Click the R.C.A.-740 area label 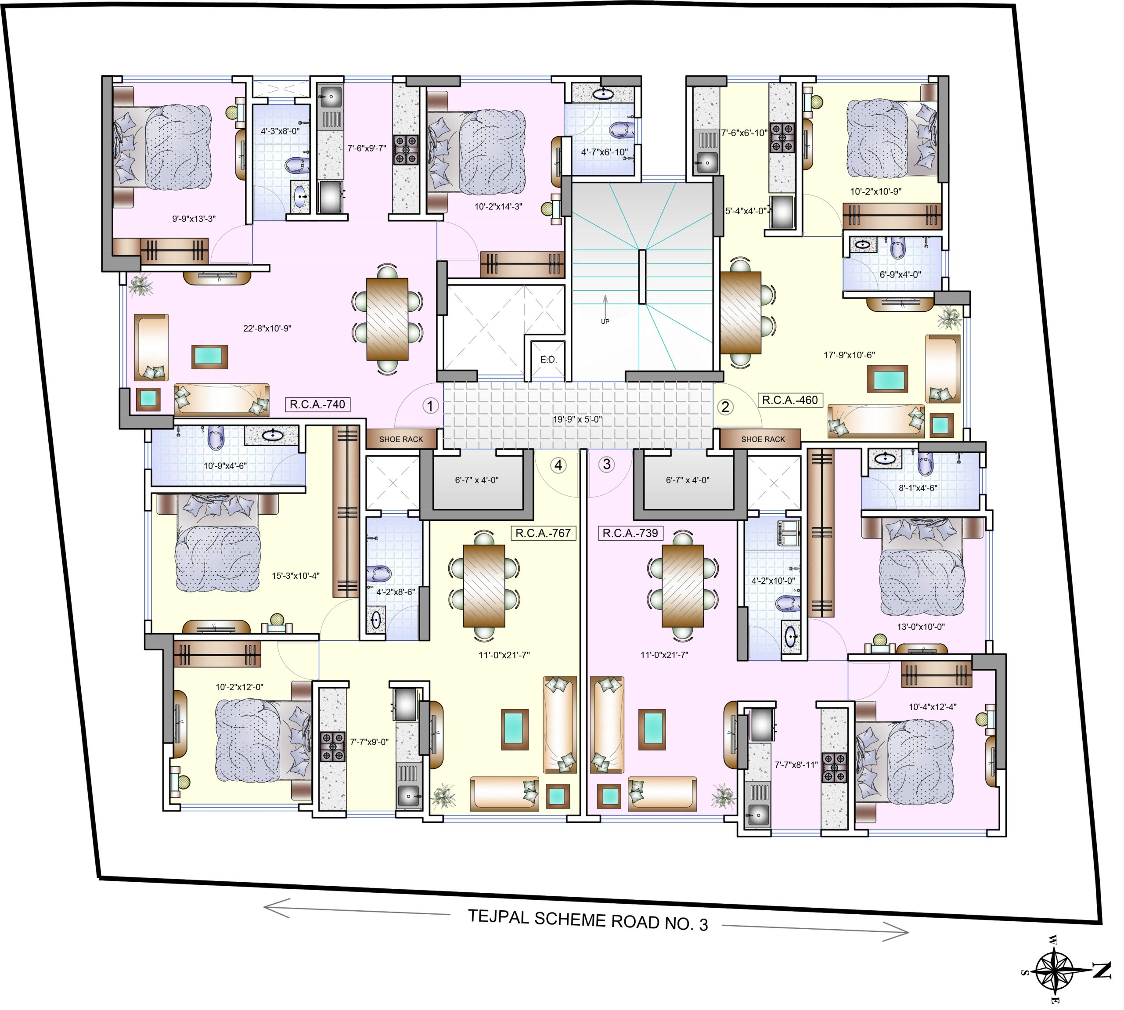(x=317, y=404)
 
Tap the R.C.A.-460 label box (x=789, y=400)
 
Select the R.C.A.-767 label (x=543, y=533)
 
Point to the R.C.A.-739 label (x=630, y=533)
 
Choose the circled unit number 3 (x=606, y=464)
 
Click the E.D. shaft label (x=548, y=360)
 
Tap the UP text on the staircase (x=605, y=321)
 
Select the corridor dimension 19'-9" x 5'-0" (x=577, y=419)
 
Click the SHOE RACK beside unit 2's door (x=763, y=440)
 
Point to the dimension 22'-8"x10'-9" (x=267, y=328)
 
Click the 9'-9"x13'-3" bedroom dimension (x=194, y=219)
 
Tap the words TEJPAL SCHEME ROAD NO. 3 (x=588, y=920)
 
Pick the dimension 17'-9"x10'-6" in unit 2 (x=849, y=355)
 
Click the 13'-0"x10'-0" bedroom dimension (x=920, y=627)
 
